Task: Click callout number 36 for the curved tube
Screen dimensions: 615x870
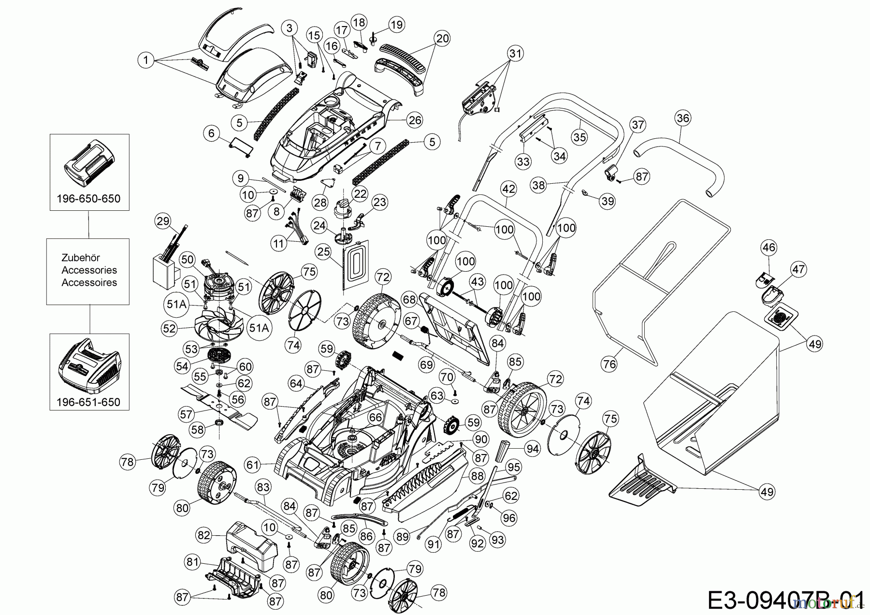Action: (683, 118)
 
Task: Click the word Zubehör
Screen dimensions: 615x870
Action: (81, 258)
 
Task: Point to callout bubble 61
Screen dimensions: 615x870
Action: (253, 465)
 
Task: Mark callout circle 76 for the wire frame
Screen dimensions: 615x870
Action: (609, 364)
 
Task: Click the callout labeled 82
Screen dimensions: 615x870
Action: (204, 535)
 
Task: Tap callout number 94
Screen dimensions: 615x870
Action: (532, 449)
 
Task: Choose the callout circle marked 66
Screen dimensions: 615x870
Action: (376, 417)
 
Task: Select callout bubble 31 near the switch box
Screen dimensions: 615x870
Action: (516, 53)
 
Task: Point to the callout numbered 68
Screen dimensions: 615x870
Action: (409, 300)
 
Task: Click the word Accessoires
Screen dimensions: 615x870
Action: (89, 283)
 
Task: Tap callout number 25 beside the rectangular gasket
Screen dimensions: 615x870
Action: (323, 251)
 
